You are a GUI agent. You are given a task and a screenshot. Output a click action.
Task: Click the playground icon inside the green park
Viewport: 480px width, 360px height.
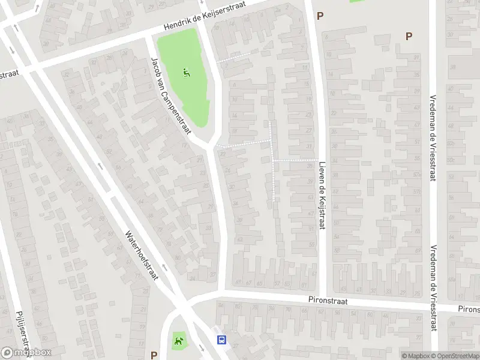pyautogui.click(x=187, y=74)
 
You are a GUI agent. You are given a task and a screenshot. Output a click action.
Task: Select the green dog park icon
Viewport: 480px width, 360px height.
pyautogui.click(x=179, y=342)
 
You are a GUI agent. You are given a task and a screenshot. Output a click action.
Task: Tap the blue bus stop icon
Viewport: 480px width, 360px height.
pyautogui.click(x=222, y=340)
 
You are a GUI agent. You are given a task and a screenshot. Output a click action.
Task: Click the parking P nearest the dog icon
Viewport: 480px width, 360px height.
pyautogui.click(x=154, y=355)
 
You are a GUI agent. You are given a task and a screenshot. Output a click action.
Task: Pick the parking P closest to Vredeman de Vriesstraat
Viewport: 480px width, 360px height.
pyautogui.click(x=409, y=36)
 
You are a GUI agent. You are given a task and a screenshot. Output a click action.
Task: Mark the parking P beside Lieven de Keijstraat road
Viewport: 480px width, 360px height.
pyautogui.click(x=320, y=16)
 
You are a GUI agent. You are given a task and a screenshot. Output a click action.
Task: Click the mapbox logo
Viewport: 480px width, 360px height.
pyautogui.click(x=26, y=353)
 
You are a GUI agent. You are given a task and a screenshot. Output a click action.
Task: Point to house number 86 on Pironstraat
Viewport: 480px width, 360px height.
pyautogui.click(x=220, y=305)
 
